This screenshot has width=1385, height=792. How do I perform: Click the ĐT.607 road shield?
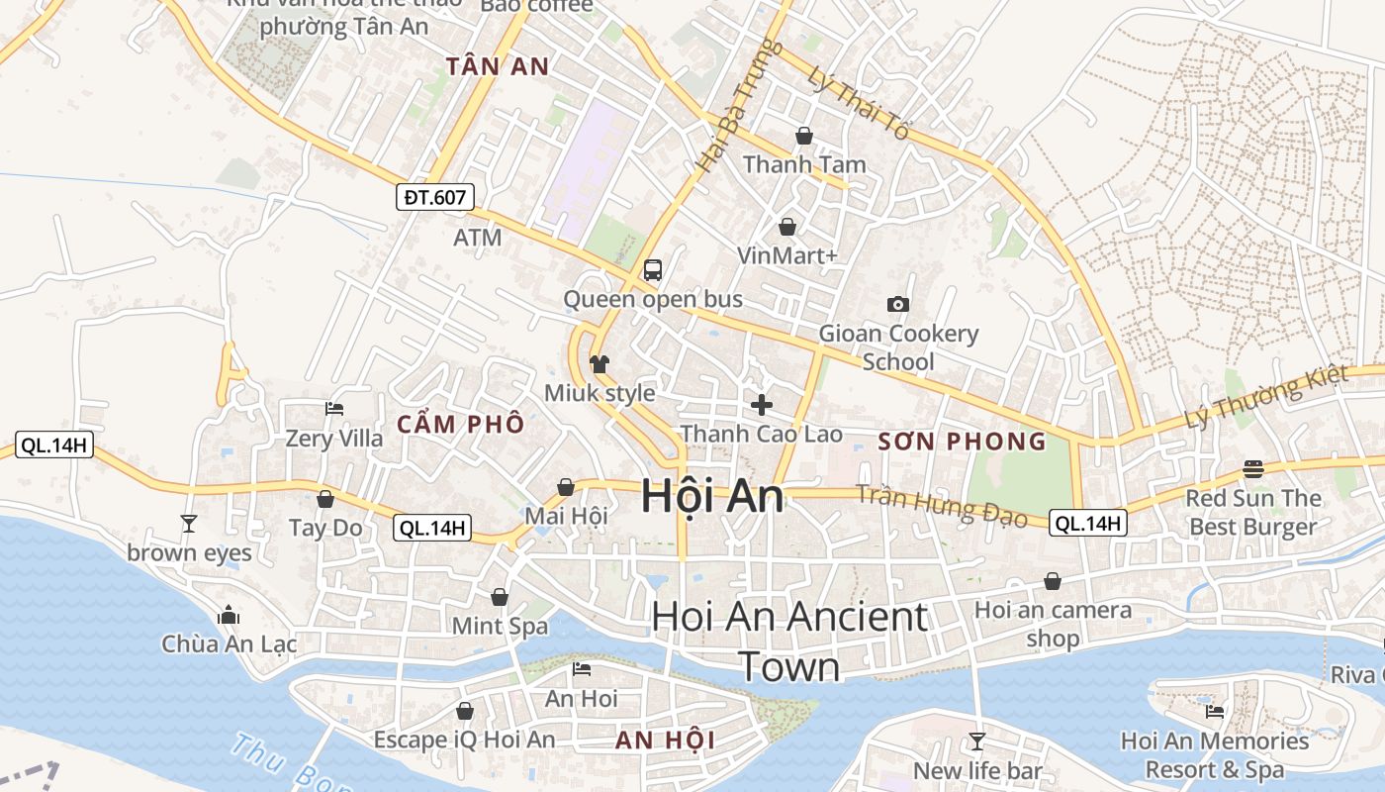pos(435,197)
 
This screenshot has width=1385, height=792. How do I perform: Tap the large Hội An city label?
pos(712,496)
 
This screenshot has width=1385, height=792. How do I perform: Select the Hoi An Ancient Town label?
pos(789,642)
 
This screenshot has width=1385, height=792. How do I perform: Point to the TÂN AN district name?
pos(497,66)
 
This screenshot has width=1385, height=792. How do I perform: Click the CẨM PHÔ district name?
pos(461,425)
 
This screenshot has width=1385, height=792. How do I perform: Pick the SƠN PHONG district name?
pos(962,442)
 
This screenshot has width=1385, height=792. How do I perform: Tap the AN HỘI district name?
pos(665,741)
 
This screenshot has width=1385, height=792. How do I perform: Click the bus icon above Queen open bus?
pos(653,269)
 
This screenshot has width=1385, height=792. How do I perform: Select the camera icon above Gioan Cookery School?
pos(898,304)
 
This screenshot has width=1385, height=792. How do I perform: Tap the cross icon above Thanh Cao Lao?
pos(762,404)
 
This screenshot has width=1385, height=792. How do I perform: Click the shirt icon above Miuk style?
pos(599,364)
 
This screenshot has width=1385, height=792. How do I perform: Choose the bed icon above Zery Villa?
pos(334,408)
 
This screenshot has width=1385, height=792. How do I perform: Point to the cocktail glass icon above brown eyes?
pos(189,523)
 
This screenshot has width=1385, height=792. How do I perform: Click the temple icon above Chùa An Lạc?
pos(229,615)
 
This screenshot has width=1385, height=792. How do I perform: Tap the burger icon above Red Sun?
pos(1253,468)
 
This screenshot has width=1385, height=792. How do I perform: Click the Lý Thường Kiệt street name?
pos(1267,397)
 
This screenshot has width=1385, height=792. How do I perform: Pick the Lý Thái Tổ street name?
pos(857,103)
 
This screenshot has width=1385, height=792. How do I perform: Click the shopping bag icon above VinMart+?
pos(787,227)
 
